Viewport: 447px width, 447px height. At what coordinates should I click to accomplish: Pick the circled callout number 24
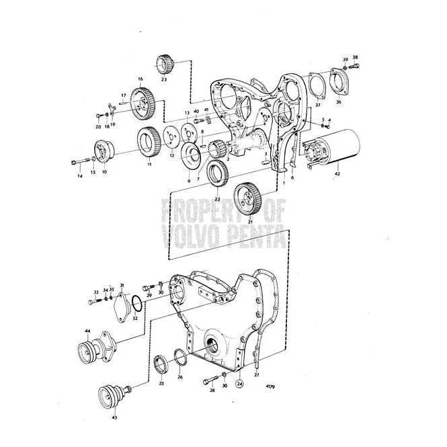pos(239,385)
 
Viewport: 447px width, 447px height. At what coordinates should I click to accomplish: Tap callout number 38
pos(356,57)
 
